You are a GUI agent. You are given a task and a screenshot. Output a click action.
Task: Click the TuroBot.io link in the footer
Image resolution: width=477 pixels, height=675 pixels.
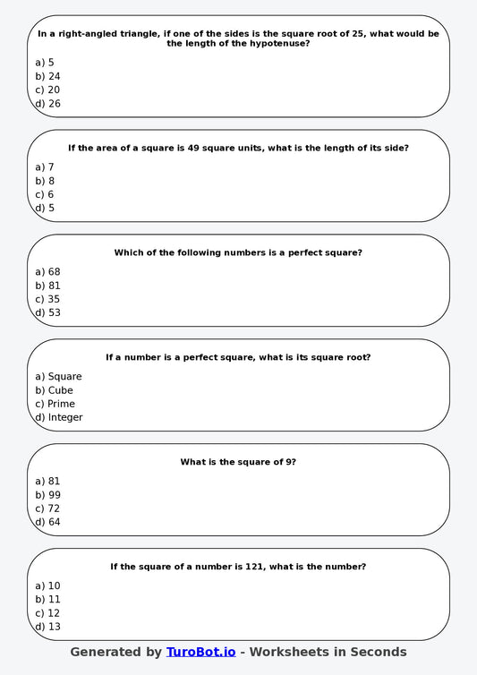(x=200, y=653)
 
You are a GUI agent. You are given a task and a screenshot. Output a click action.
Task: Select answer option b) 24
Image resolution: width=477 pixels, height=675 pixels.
(x=48, y=76)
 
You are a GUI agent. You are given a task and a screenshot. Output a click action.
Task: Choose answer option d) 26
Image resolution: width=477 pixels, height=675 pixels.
(x=48, y=104)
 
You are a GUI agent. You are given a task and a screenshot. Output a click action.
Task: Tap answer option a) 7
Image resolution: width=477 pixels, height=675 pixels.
(x=45, y=167)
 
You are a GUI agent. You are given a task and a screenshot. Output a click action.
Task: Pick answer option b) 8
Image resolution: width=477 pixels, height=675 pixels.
(x=45, y=181)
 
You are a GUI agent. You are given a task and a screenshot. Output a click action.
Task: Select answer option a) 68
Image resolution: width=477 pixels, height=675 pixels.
(x=48, y=271)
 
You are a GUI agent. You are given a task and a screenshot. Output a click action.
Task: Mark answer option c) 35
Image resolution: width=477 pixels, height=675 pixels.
(x=48, y=299)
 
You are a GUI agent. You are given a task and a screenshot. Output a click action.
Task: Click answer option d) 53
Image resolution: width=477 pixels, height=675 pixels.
(x=48, y=312)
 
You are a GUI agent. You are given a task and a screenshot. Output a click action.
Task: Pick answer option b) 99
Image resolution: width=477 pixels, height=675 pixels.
(x=48, y=495)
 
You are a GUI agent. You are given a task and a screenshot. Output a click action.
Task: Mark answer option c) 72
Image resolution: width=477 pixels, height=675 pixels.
(x=48, y=508)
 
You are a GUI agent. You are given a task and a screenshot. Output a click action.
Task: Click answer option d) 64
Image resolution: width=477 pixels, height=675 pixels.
(x=48, y=522)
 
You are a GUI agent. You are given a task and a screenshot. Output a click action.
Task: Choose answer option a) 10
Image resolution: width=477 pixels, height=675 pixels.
(x=48, y=585)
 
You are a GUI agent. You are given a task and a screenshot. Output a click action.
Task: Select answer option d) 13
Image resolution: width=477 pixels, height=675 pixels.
(x=48, y=627)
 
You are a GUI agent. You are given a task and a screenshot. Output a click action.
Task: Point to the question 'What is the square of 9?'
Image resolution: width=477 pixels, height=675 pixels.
(x=238, y=462)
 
